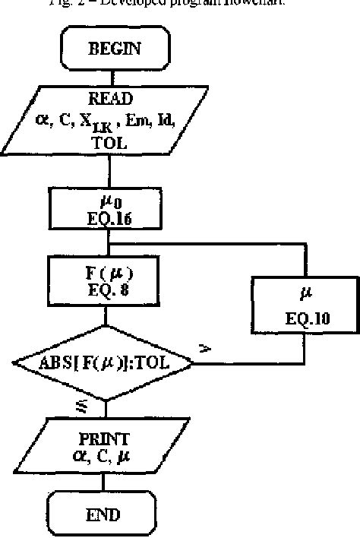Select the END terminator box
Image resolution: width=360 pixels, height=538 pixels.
click(x=104, y=514)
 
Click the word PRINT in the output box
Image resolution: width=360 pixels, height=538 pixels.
click(x=104, y=439)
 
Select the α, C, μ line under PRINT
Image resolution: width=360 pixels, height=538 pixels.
click(x=104, y=455)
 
